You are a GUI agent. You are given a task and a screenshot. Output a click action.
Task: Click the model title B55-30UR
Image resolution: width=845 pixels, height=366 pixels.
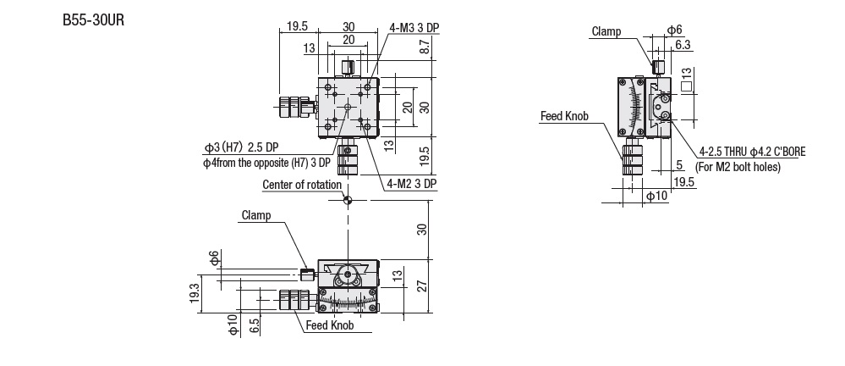(x=93, y=20)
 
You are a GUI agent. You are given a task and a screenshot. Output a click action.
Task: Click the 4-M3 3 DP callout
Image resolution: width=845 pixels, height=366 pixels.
(x=414, y=27)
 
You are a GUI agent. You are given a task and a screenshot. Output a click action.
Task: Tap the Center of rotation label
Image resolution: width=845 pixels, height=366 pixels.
(x=302, y=185)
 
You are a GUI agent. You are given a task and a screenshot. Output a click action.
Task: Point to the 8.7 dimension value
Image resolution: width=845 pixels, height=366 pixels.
(x=425, y=47)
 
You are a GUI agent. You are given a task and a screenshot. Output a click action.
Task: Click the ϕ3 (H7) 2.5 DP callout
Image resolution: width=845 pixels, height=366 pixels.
(x=241, y=147)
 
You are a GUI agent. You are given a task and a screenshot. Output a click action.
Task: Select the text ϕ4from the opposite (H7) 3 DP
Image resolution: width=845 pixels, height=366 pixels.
(x=266, y=162)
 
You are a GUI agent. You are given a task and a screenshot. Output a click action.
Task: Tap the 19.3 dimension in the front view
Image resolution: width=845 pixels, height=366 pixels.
(x=195, y=294)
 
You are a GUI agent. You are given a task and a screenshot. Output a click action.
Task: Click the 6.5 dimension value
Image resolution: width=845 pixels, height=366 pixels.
(x=255, y=325)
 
